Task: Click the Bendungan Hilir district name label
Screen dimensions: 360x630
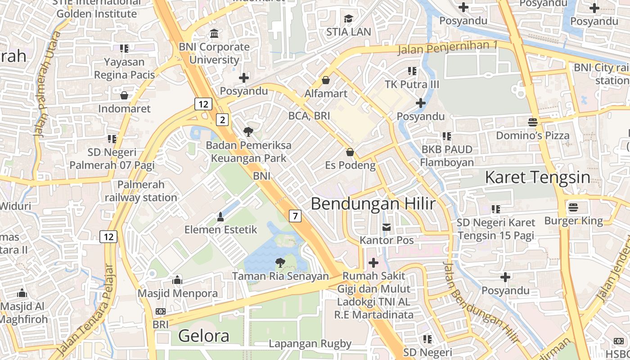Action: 373,204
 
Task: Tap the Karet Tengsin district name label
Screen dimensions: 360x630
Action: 537,177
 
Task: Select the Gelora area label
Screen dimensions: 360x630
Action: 203,336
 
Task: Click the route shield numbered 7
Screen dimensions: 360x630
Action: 295,216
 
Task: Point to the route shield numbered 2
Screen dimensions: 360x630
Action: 222,120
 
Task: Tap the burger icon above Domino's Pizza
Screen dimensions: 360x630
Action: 533,122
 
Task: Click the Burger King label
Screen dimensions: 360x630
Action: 573,220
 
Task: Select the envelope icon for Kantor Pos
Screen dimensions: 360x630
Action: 386,227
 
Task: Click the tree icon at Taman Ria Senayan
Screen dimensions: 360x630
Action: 280,262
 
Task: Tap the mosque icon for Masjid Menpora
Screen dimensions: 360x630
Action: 177,280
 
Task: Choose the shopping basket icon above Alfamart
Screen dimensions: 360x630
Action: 326,80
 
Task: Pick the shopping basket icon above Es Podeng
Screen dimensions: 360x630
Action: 350,152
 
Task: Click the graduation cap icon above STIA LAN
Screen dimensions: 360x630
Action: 348,18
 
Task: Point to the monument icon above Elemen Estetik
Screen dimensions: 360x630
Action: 220,216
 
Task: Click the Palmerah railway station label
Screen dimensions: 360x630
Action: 141,191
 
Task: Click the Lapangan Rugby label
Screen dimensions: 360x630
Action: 310,344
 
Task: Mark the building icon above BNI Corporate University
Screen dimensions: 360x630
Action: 214,33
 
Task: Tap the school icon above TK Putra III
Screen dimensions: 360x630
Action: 412,71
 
